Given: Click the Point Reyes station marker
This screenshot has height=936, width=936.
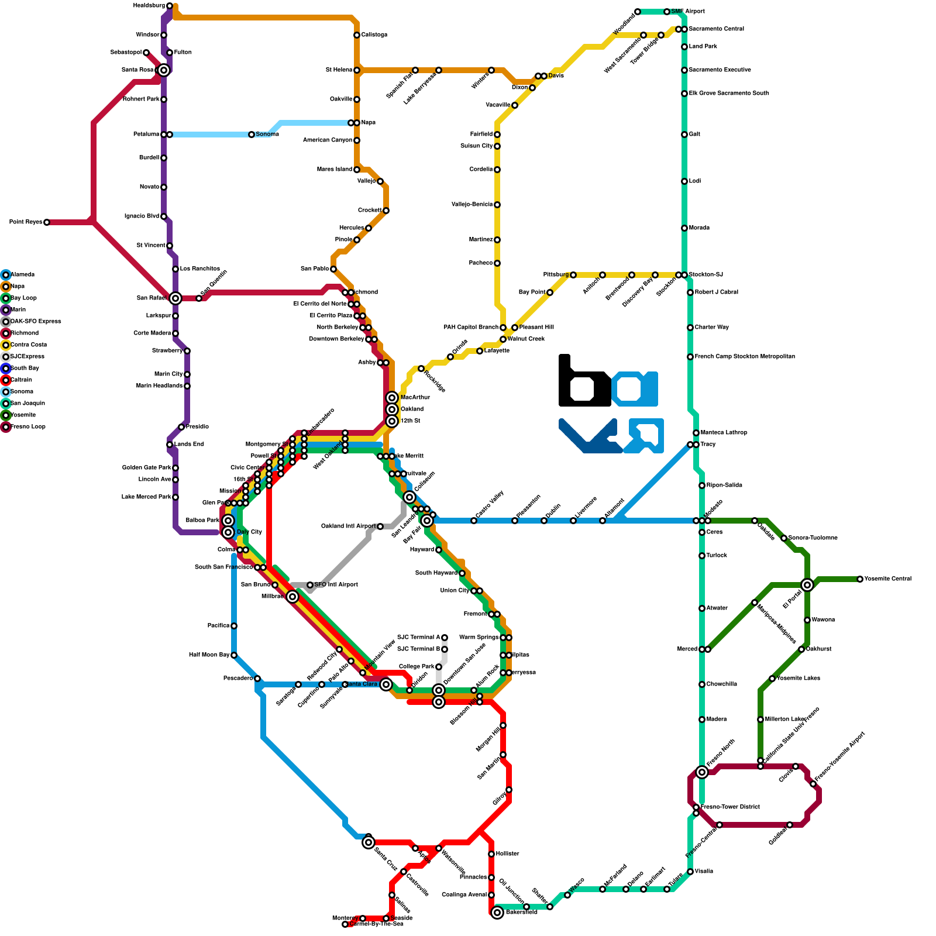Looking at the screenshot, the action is (47, 222).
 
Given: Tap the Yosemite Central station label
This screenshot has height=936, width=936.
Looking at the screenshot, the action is (887, 579).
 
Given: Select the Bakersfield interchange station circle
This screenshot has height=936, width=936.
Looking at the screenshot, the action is (497, 913).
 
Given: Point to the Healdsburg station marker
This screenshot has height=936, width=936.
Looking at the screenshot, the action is (170, 6).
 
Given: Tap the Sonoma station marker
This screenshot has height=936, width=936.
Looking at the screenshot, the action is (252, 135).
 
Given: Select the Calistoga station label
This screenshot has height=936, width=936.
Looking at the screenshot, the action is (374, 35).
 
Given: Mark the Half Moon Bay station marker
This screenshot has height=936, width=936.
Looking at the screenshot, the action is (234, 655).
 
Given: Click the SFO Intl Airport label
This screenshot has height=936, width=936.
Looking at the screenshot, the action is (336, 585).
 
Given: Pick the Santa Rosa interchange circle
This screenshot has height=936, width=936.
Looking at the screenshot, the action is (164, 70).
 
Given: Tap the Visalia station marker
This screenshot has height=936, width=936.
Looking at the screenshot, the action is (690, 872).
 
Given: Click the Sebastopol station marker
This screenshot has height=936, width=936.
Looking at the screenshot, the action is (146, 53).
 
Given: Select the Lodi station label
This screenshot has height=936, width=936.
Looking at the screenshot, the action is (694, 181).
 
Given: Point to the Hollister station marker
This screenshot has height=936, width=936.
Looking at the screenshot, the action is (491, 854).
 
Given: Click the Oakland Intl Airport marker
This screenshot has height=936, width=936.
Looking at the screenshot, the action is (380, 526).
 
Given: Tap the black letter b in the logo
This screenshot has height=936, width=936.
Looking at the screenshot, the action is (582, 383).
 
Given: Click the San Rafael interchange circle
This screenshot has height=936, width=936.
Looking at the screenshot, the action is (175, 298).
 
